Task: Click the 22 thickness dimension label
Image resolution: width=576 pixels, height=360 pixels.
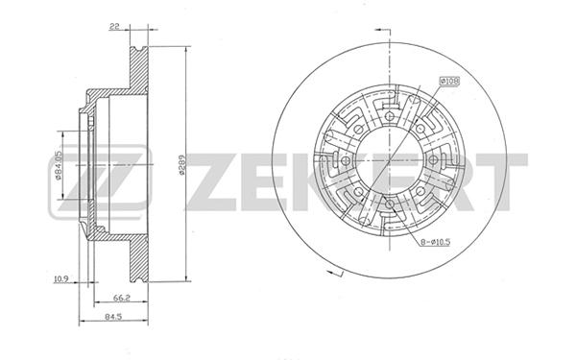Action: point(114,26)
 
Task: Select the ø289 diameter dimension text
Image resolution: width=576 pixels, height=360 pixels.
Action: point(181,164)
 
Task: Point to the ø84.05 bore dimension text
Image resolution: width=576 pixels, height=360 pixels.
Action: point(58,166)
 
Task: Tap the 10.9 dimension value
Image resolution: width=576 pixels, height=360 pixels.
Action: point(61,278)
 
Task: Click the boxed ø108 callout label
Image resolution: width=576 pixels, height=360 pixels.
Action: point(450,82)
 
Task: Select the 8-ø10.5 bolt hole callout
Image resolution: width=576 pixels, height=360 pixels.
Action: point(436,242)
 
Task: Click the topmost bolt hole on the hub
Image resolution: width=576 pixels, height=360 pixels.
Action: point(390,117)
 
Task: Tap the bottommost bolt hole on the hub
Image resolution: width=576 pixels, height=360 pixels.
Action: point(390,204)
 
